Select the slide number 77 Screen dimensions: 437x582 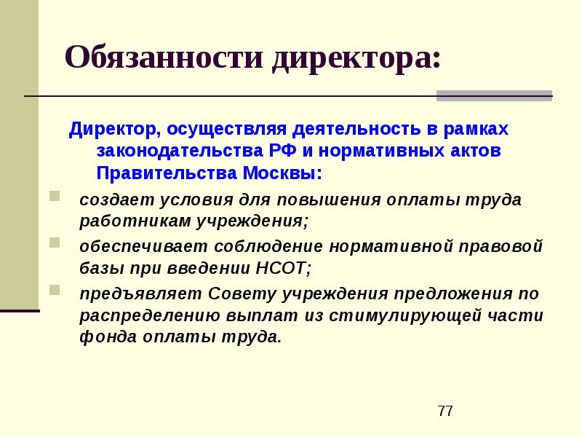[445, 412]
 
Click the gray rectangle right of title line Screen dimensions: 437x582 [494, 95]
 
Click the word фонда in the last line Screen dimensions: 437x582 [104, 337]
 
